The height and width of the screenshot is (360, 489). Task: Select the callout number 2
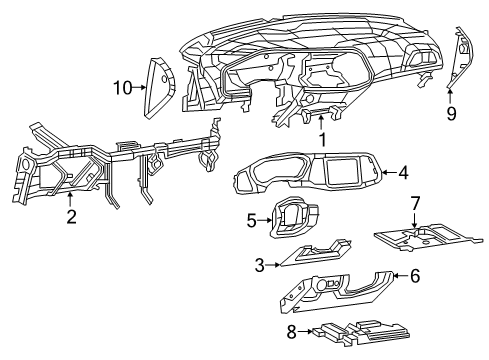point(71,216)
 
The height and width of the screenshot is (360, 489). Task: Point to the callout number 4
point(403,172)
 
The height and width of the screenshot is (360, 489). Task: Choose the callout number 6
point(414,276)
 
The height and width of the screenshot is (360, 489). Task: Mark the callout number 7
point(415,204)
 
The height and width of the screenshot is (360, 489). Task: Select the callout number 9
point(451,114)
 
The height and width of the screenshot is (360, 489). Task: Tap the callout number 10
point(121,89)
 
